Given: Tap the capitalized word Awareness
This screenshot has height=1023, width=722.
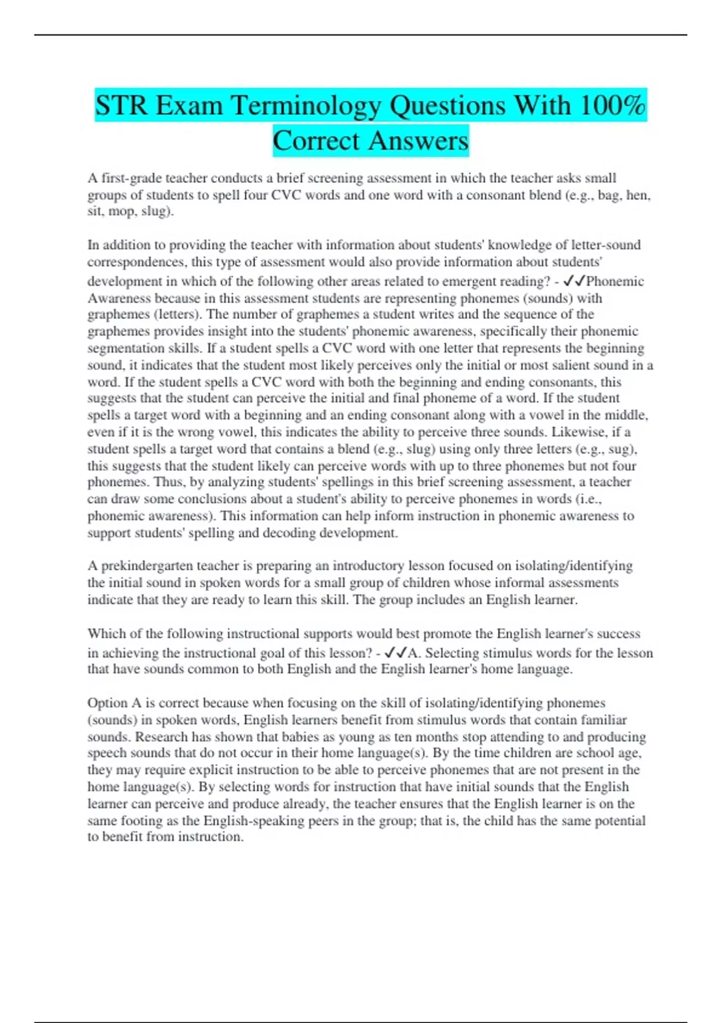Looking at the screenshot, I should (119, 298).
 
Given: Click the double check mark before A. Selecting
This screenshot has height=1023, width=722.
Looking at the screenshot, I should (395, 653).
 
